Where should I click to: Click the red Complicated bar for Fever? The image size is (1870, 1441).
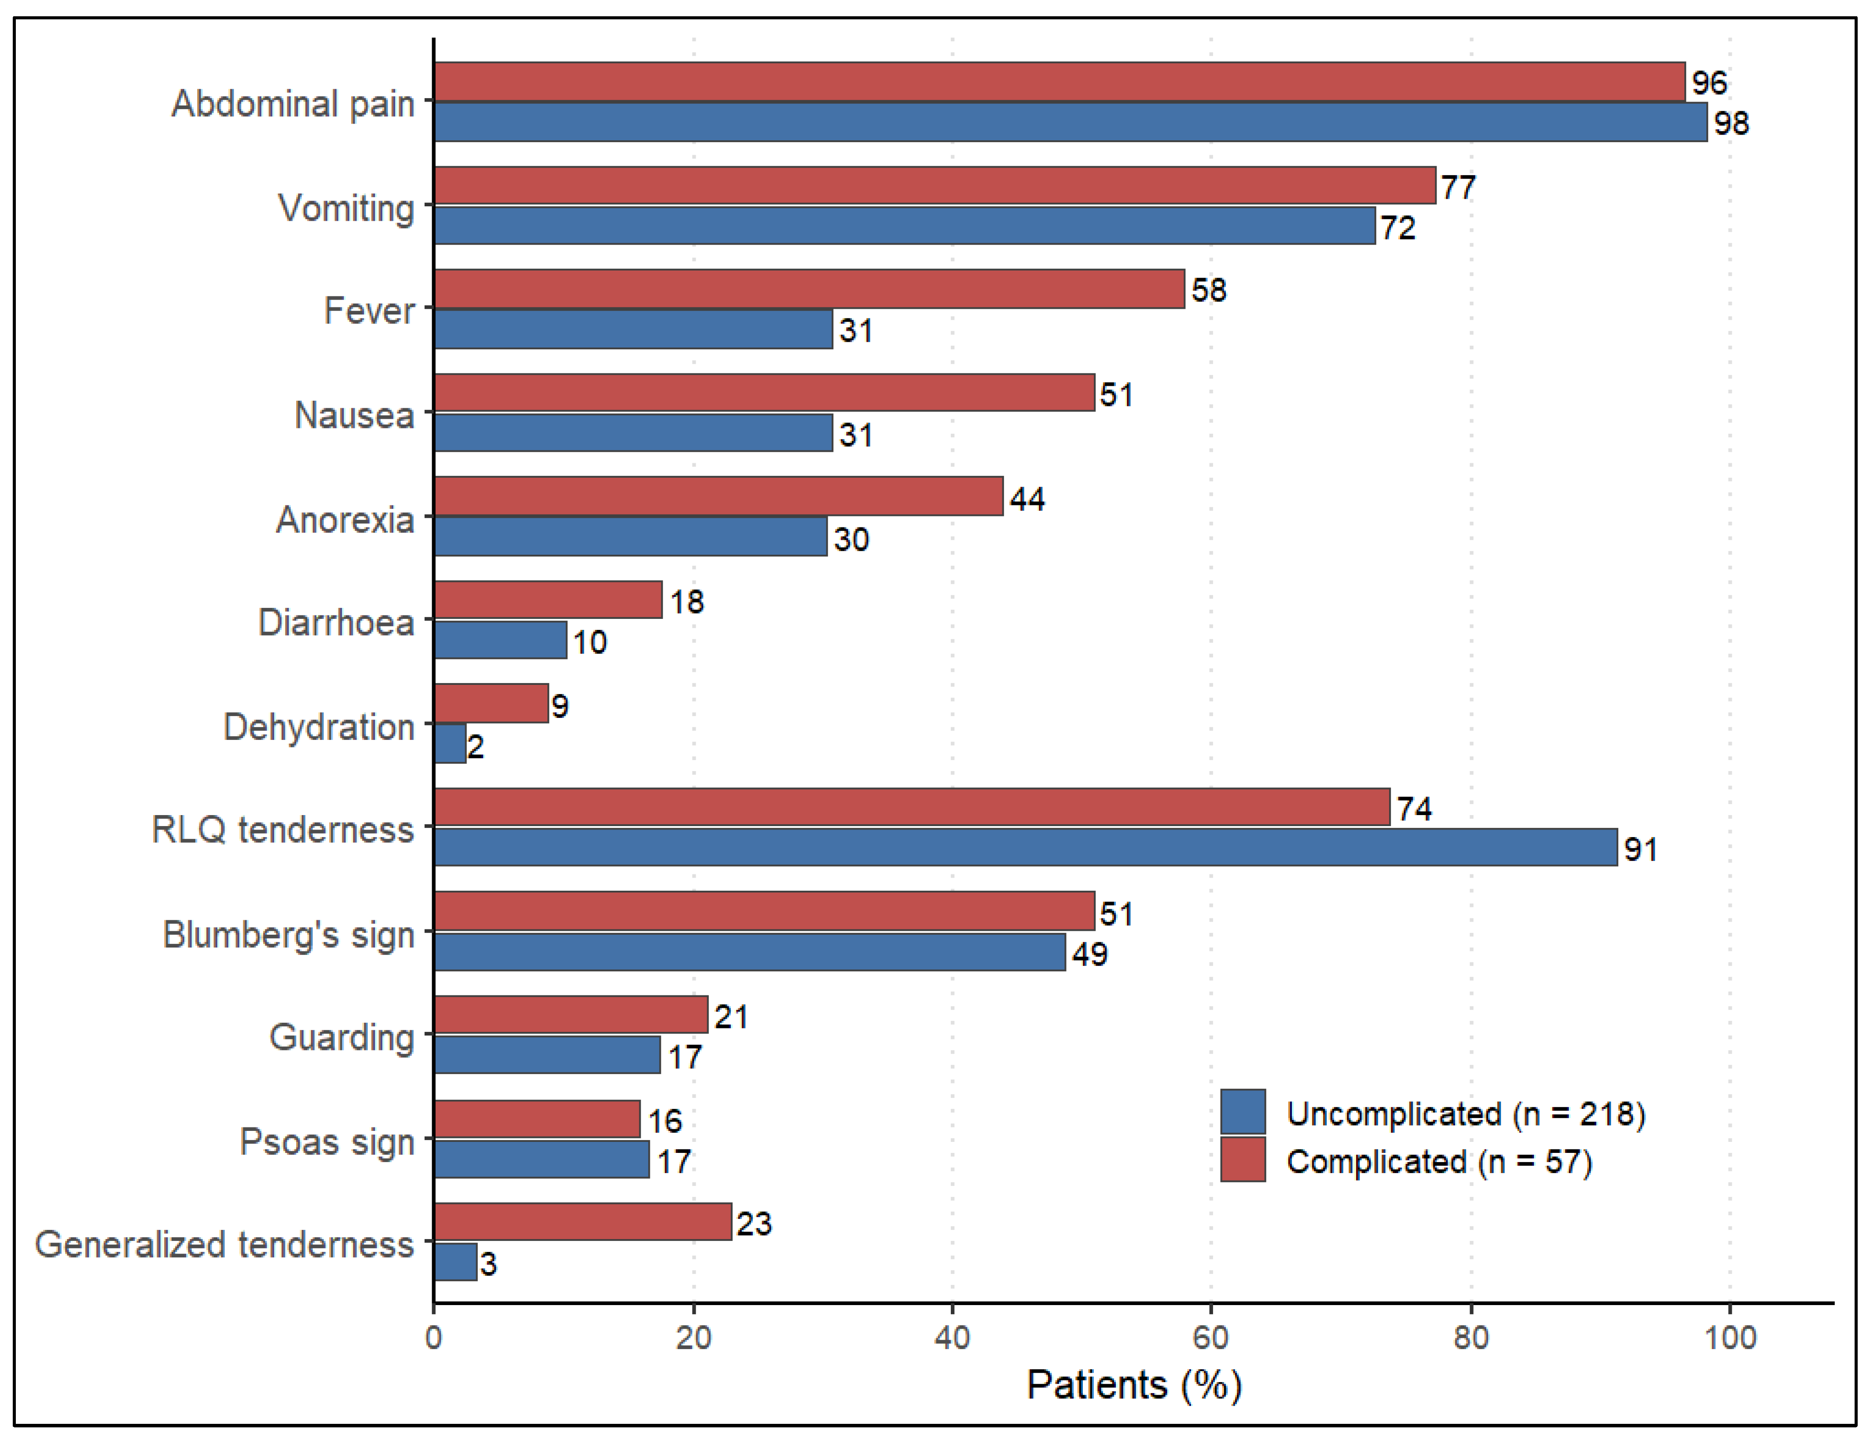pos(809,289)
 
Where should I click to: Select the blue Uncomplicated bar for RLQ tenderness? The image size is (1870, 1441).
pos(1026,847)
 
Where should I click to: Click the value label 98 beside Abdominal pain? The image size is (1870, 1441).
pos(1731,123)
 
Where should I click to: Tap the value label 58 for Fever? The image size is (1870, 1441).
pos(1209,290)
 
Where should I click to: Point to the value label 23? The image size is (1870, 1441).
pos(754,1224)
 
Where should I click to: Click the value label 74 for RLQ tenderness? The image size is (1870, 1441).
pos(1415,809)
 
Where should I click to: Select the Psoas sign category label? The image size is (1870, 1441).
pos(327,1142)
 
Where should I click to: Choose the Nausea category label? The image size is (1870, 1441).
pos(355,415)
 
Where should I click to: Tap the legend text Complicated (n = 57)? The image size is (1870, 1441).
pos(1439,1162)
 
